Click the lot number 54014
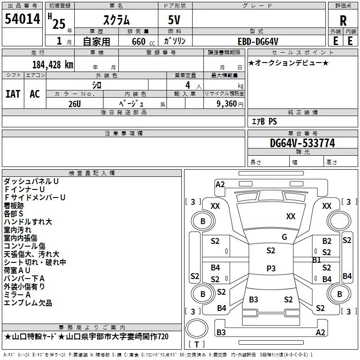coord(22,19)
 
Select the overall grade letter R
coord(343,21)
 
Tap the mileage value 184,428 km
coord(53,65)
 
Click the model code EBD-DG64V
coord(258,41)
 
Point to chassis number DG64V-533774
coord(302,143)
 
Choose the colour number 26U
coord(75,104)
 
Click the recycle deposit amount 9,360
coord(227,103)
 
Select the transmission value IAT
coord(13,94)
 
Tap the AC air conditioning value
coord(35,94)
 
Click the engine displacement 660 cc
coord(143,41)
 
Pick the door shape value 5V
coord(174,20)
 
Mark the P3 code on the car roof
coord(271,268)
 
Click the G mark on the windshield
coord(284,237)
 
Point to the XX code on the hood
coord(291,216)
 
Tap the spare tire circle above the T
coord(197,328)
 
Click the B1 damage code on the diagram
coord(317,260)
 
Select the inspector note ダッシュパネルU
coord(31,181)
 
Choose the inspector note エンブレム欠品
coord(28,303)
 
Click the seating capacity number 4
coord(188,85)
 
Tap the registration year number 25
coord(59,24)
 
